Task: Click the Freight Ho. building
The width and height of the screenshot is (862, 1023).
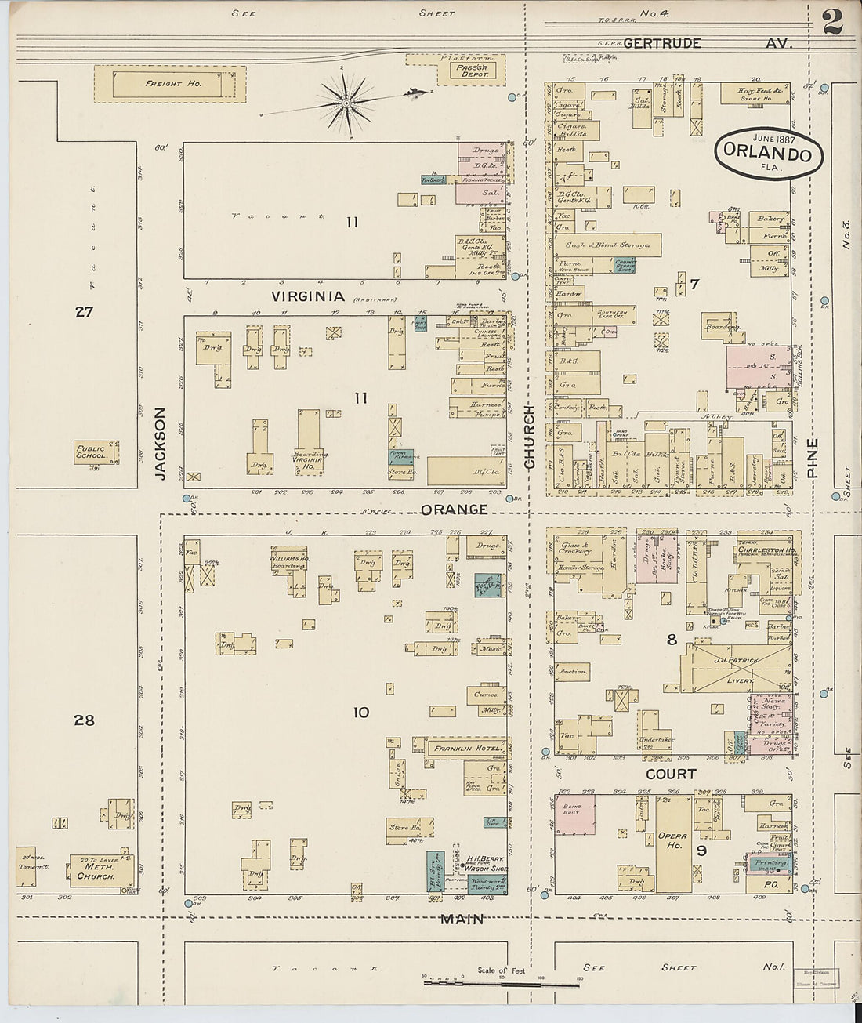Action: [x=170, y=84]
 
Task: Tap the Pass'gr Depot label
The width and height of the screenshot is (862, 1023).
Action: [x=473, y=71]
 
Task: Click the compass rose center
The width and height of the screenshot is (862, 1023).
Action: [x=346, y=103]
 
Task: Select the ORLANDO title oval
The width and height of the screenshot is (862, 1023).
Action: [x=769, y=154]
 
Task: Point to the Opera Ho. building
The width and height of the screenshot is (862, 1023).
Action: [x=673, y=843]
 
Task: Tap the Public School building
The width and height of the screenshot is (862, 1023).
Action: [x=95, y=452]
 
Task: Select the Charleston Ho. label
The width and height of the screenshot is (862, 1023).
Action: [x=767, y=550]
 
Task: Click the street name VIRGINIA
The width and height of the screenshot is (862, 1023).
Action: [x=308, y=296]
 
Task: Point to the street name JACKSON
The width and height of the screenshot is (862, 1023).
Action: [x=161, y=443]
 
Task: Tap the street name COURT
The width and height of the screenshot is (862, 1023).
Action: [x=671, y=774]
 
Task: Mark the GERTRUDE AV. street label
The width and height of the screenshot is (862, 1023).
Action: [x=662, y=44]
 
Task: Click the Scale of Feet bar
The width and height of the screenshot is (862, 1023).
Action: [x=502, y=983]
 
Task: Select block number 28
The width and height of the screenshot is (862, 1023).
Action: [x=84, y=720]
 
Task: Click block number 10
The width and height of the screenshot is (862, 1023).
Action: [x=360, y=713]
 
